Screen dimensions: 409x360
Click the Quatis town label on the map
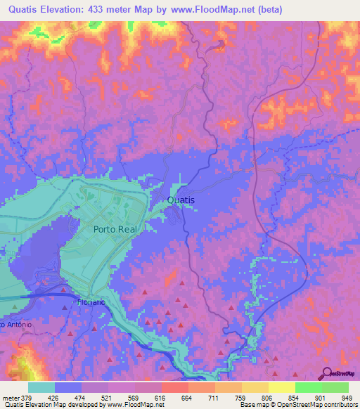[181, 200]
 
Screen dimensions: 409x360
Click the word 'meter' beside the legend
[10, 397]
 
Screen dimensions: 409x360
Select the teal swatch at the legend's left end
[41, 387]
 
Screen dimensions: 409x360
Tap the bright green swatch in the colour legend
[309, 387]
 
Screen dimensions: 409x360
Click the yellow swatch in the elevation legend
[282, 387]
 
